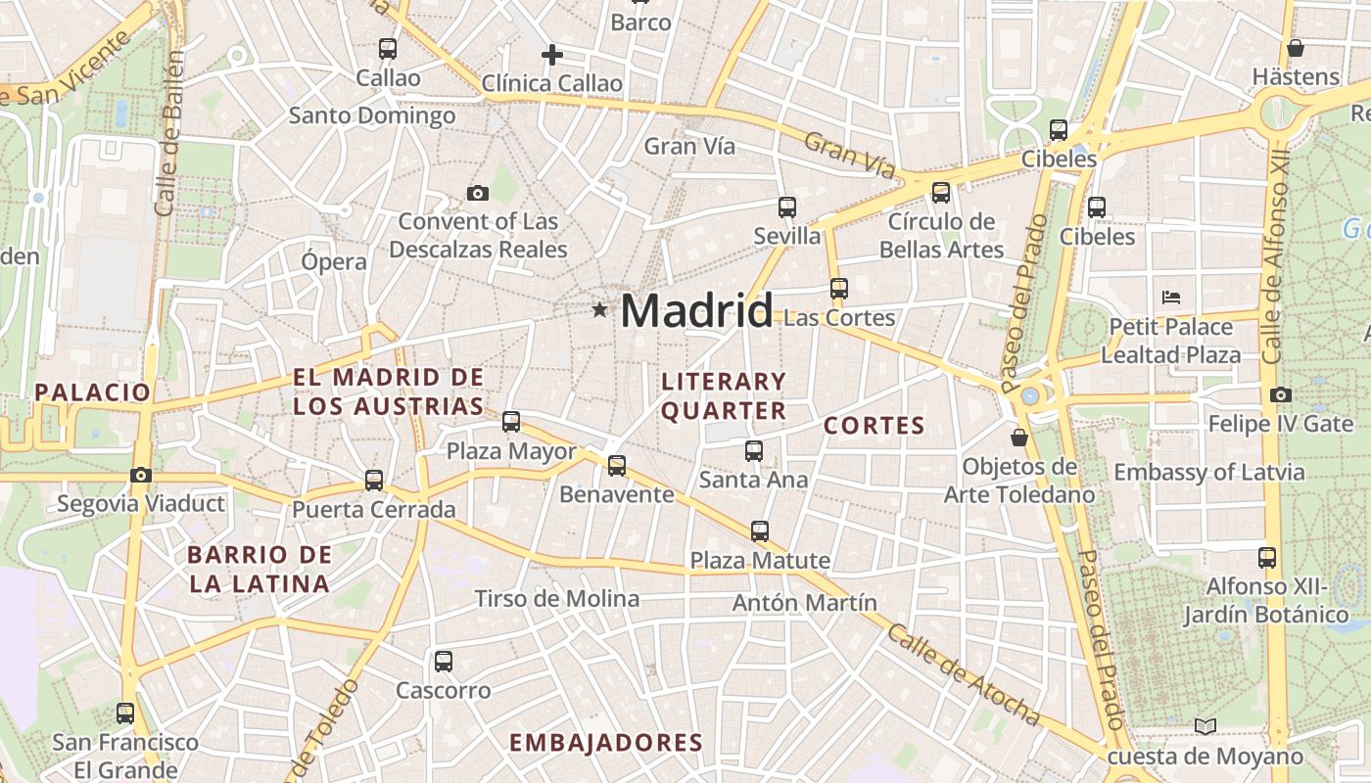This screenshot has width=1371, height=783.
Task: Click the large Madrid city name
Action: coord(696,311)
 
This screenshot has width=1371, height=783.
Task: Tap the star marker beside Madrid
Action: coord(599,310)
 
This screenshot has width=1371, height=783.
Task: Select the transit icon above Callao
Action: coord(388,48)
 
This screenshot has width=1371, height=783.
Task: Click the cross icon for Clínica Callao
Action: coord(552,55)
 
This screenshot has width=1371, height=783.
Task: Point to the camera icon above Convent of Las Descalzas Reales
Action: coord(478,193)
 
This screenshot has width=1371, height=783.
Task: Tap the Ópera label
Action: coord(334,261)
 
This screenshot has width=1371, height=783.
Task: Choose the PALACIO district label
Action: coord(93,392)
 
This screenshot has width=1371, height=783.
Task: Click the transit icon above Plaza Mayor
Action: coord(511,422)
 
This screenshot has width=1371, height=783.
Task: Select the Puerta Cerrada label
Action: coord(373,509)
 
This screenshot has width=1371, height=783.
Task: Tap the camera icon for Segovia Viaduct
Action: coord(141,476)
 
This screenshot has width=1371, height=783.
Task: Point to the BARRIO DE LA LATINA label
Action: coord(260,570)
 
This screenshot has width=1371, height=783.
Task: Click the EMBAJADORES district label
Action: coord(606,743)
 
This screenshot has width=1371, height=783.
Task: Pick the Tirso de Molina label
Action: coord(556,598)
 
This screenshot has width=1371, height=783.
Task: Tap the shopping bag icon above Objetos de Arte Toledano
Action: coord(1019,437)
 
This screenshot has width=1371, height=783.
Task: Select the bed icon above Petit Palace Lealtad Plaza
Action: coord(1171,297)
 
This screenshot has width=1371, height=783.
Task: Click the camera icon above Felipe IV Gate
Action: coord(1280,395)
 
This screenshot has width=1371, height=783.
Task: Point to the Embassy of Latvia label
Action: coord(1208,473)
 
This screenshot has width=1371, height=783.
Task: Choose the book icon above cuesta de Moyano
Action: coord(1206,726)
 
